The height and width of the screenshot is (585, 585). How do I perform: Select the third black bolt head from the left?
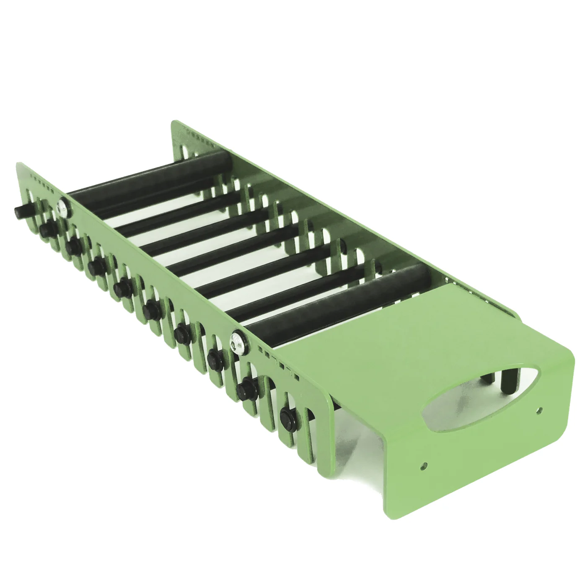(74, 245)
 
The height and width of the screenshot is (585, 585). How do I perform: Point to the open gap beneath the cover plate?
(360, 436)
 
